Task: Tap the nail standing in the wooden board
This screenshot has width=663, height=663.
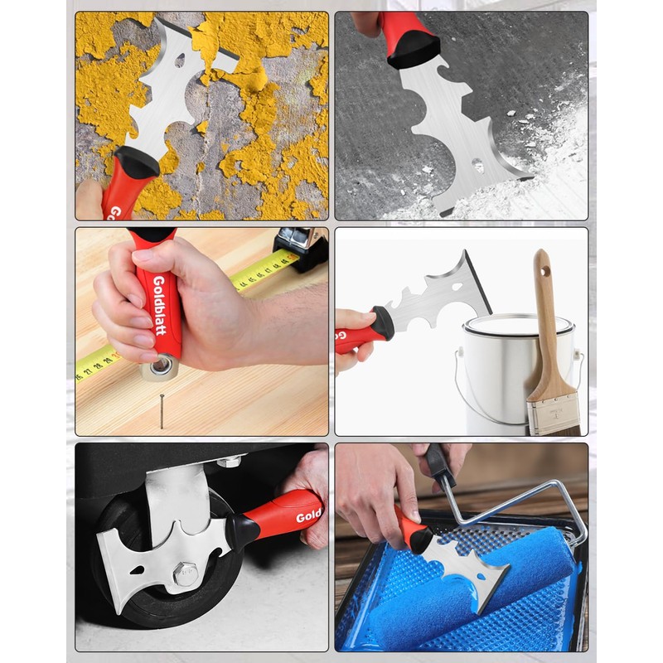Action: click(161, 409)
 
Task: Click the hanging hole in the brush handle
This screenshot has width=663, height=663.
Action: click(544, 269)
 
